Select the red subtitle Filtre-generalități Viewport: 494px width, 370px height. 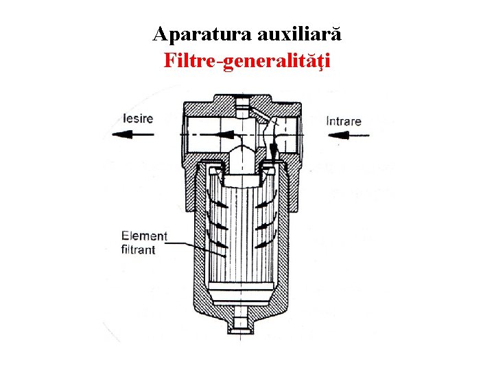point(247,61)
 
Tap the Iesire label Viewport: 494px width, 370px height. point(138,119)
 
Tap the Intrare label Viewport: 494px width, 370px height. point(344,121)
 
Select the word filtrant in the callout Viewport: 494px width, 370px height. point(139,249)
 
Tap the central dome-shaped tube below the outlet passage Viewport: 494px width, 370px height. point(241,158)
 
